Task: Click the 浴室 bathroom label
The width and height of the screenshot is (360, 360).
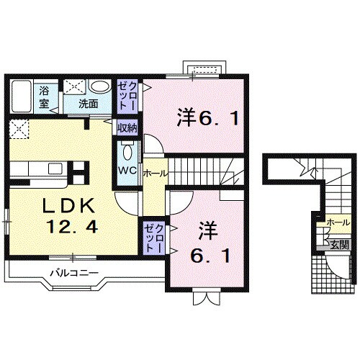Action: [44, 97]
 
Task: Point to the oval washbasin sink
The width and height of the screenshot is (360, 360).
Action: [101, 87]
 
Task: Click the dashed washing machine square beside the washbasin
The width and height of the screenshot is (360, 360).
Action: [73, 87]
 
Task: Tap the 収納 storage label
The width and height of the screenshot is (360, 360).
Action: [127, 128]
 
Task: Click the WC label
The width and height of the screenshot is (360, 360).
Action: [127, 171]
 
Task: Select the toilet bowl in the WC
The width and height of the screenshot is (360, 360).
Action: [127, 152]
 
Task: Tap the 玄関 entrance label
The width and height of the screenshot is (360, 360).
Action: [339, 244]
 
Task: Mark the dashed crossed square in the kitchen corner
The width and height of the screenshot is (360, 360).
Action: [18, 130]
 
